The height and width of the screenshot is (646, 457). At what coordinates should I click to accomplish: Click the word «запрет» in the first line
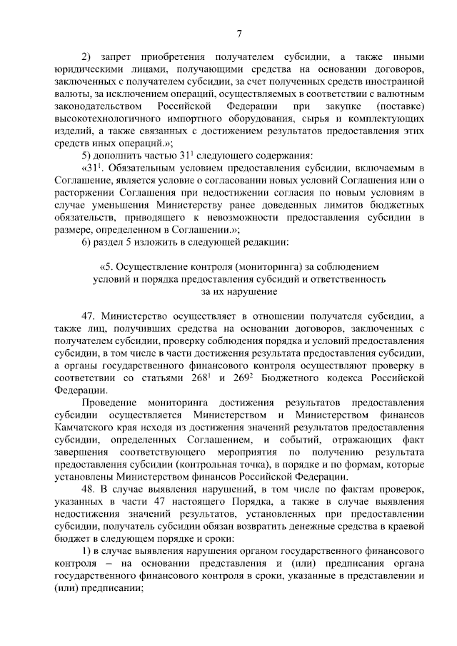[x=116, y=58]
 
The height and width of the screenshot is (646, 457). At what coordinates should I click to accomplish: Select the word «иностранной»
[x=398, y=82]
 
